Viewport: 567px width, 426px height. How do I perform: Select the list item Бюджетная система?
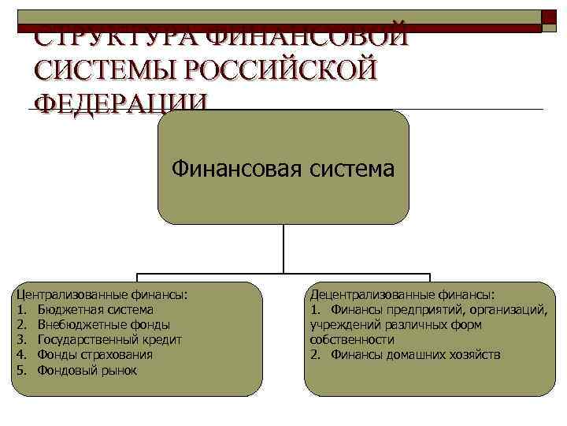(x=95, y=310)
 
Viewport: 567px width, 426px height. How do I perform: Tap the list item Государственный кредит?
(x=109, y=340)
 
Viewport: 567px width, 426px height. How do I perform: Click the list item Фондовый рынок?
(x=87, y=370)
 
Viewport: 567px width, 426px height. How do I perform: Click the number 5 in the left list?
(x=21, y=370)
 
